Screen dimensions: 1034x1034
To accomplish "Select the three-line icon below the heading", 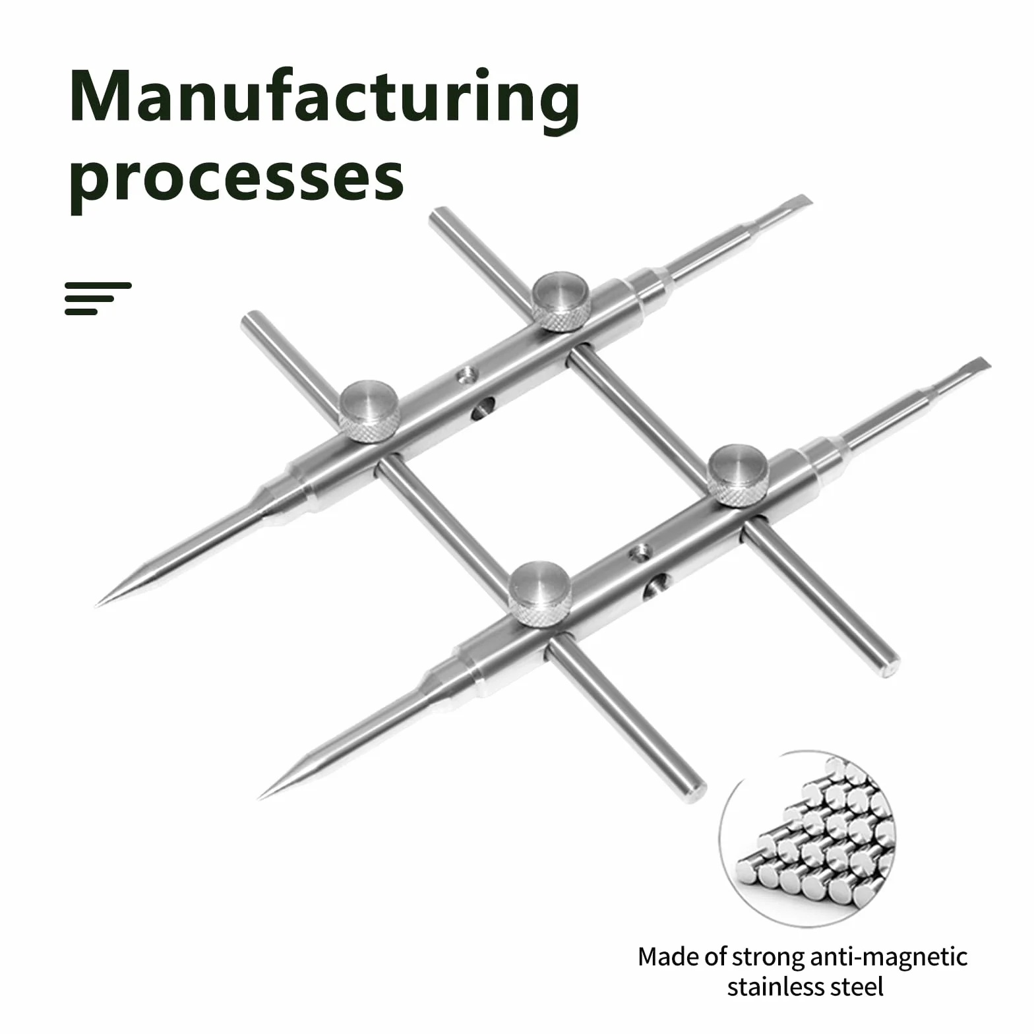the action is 98,298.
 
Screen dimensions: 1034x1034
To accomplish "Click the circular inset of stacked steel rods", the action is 806,839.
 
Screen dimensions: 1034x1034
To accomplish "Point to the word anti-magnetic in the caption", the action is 888,957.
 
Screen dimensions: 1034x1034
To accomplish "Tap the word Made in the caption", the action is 664,957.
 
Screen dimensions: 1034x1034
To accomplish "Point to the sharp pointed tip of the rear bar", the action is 97,604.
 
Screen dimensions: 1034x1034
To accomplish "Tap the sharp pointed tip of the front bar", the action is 259,798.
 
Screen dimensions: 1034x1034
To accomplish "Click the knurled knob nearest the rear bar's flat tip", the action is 561,301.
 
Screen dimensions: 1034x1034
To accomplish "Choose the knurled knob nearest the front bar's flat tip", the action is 737,475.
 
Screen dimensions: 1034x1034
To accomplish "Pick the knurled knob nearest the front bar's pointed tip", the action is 539,593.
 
